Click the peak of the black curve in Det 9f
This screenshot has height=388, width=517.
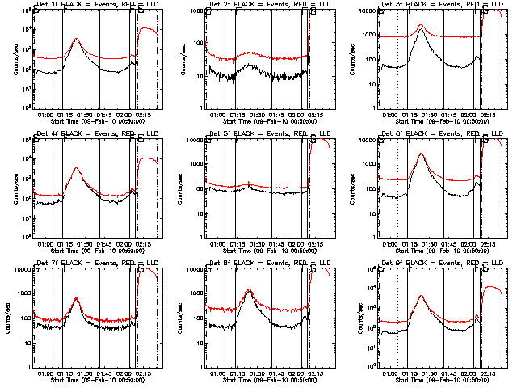421,297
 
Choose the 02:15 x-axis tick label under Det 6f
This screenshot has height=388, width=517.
489,243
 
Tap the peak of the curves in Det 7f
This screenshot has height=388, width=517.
77,298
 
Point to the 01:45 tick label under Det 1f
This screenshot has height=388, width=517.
106,114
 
